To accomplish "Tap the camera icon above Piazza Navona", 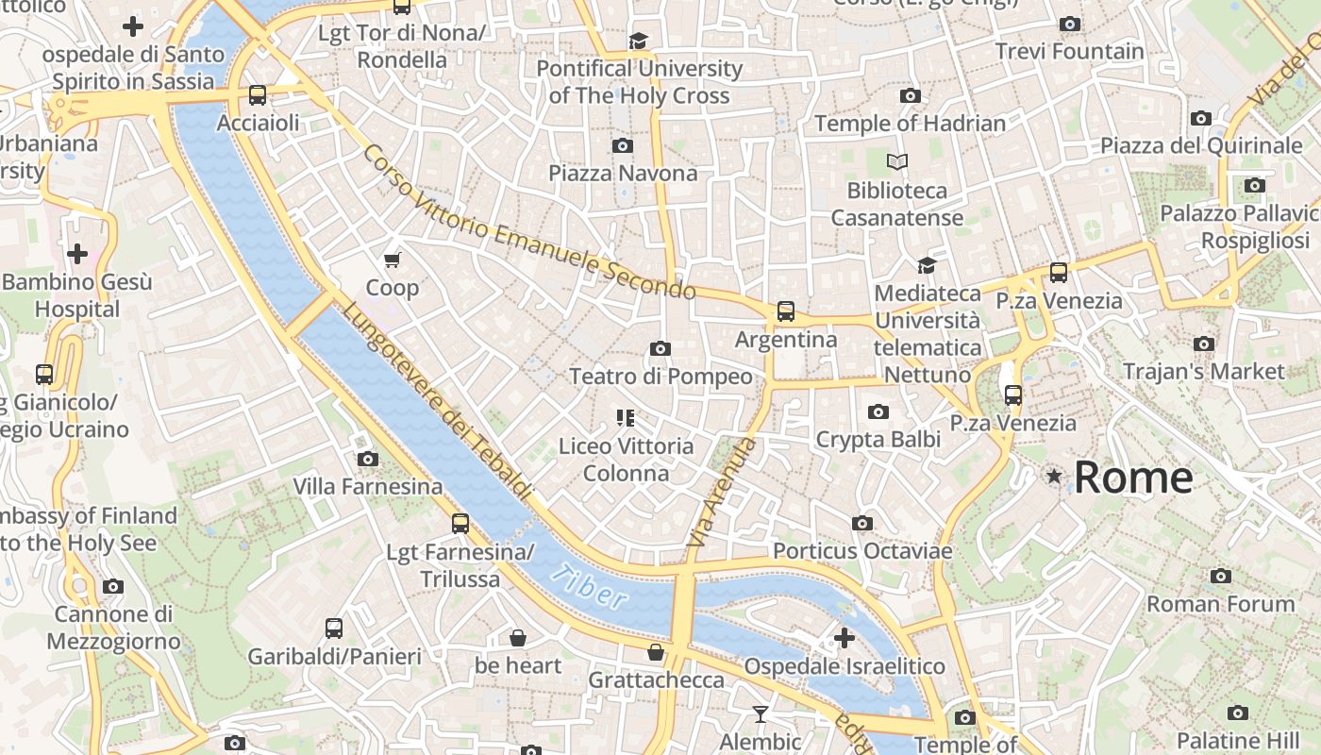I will click(x=622, y=145).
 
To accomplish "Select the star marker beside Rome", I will click(x=1054, y=478).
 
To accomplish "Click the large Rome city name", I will click(x=1133, y=478).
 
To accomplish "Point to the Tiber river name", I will click(x=590, y=586).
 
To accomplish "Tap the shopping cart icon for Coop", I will click(x=393, y=260).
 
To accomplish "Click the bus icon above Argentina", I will click(x=785, y=310).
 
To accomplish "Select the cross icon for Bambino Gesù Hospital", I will click(x=77, y=253).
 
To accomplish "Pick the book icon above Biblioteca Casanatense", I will click(x=896, y=161).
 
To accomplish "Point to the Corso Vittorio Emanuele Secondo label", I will click(x=528, y=223).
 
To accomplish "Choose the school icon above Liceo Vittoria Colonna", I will click(x=625, y=417).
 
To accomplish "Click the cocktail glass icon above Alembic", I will click(x=760, y=713).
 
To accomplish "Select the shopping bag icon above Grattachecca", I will click(x=656, y=652).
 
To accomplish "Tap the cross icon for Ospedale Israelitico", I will click(x=844, y=638).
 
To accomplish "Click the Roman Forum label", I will click(x=1220, y=604).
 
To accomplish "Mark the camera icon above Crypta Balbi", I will click(x=878, y=411).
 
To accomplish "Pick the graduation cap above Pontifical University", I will click(x=639, y=41).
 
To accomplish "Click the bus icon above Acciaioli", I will click(x=257, y=94).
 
